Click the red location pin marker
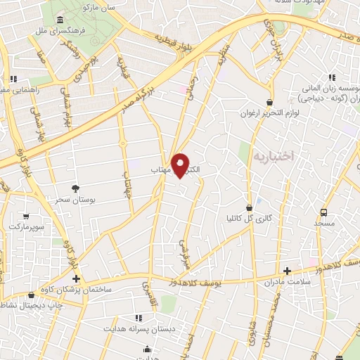(x=181, y=165)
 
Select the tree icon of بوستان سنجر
(x=75, y=188)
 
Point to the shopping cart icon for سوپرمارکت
(x=26, y=217)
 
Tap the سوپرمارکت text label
(x=26, y=228)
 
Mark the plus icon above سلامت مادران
(x=287, y=270)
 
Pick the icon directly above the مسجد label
(x=323, y=212)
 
